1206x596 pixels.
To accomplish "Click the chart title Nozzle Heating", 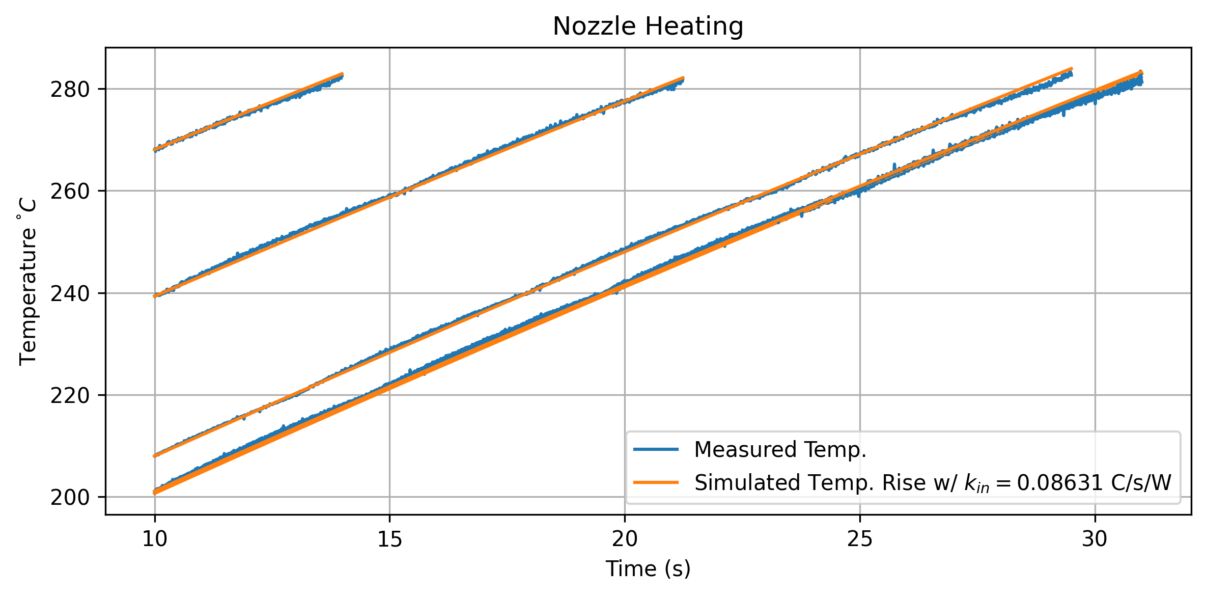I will [x=648, y=26].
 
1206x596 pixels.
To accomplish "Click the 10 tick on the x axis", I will [x=155, y=539].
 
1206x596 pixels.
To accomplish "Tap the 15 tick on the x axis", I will [x=389, y=539].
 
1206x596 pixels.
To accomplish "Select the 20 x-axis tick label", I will [x=625, y=539].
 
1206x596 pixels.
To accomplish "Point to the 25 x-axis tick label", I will [x=860, y=539].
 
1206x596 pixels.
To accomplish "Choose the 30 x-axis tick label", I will [x=1095, y=539].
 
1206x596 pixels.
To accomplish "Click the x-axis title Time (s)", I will [x=648, y=569].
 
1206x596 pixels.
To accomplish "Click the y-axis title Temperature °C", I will [x=27, y=282].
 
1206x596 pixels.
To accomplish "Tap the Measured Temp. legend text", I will [x=780, y=449].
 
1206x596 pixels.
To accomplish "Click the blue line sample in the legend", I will [x=656, y=449].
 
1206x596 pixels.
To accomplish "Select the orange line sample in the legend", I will [x=656, y=482].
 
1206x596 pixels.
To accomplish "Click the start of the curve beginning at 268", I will [x=155, y=150].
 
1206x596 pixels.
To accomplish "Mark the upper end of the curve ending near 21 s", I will [x=683, y=78].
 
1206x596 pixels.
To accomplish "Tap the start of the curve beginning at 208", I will [x=155, y=455].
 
